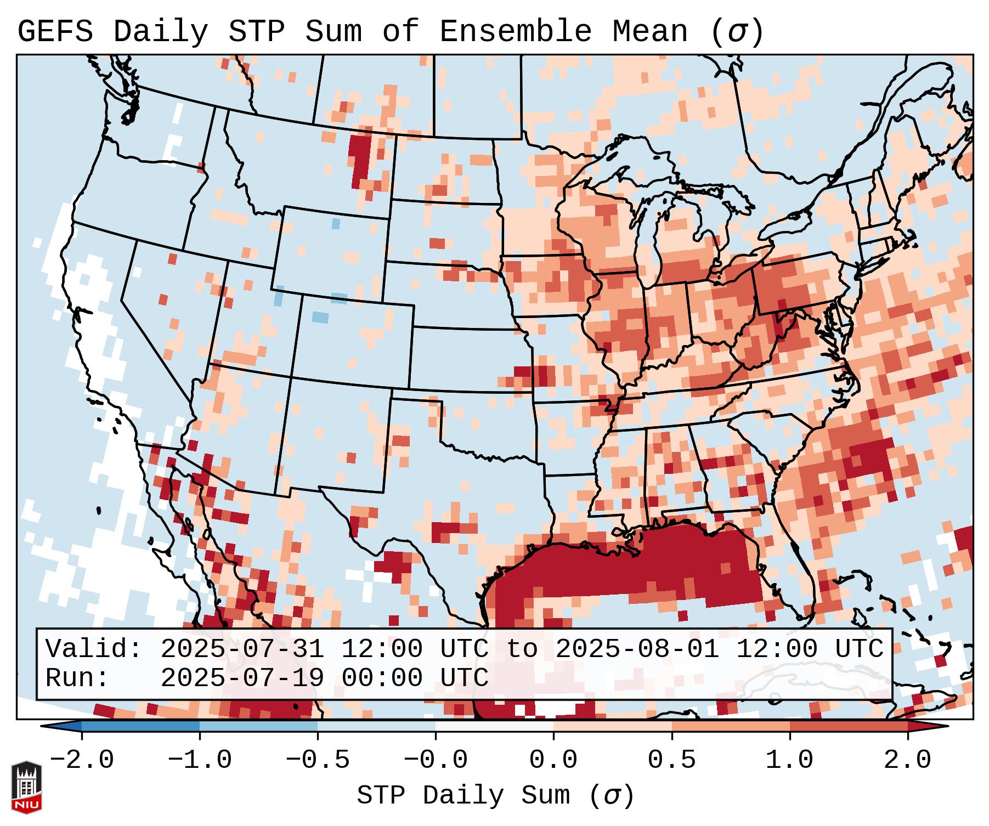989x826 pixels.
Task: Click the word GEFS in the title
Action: [x=55, y=32]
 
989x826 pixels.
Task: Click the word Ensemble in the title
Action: [x=516, y=32]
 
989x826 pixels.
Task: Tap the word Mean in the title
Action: [x=650, y=32]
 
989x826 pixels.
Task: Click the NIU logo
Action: [x=26, y=788]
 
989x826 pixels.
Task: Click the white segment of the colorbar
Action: [x=494, y=726]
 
